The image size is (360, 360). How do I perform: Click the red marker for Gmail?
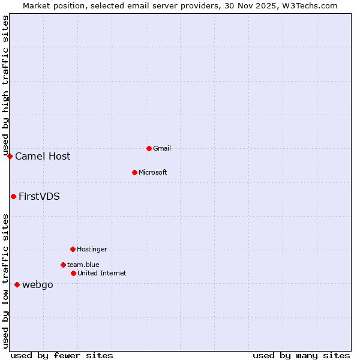pyautogui.click(x=149, y=148)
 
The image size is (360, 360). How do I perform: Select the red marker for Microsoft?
pyautogui.click(x=135, y=172)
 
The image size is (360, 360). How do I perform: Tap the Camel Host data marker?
pyautogui.click(x=10, y=156)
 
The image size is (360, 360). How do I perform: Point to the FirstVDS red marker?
pyautogui.click(x=13, y=196)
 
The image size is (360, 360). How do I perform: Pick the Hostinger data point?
pyautogui.click(x=73, y=249)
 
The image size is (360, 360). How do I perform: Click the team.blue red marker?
pyautogui.click(x=63, y=265)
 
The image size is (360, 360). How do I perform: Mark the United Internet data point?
pyautogui.click(x=73, y=273)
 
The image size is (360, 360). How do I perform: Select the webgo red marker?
pyautogui.click(x=17, y=284)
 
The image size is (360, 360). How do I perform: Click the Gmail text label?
pyautogui.click(x=162, y=148)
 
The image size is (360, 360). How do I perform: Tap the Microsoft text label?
pyautogui.click(x=152, y=172)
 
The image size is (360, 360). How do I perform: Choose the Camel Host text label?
pyautogui.click(x=43, y=156)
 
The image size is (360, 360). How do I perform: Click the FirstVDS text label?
pyautogui.click(x=39, y=196)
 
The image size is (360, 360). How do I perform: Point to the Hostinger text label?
pyautogui.click(x=92, y=249)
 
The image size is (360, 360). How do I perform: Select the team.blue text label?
pyautogui.click(x=83, y=265)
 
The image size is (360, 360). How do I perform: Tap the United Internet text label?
pyautogui.click(x=101, y=273)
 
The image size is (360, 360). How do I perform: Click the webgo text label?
pyautogui.click(x=37, y=284)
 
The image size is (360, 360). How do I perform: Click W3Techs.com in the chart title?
pyautogui.click(x=310, y=5)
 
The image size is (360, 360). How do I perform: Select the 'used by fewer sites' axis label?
pyautogui.click(x=61, y=355)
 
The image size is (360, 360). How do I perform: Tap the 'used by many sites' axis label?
pyautogui.click(x=301, y=355)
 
